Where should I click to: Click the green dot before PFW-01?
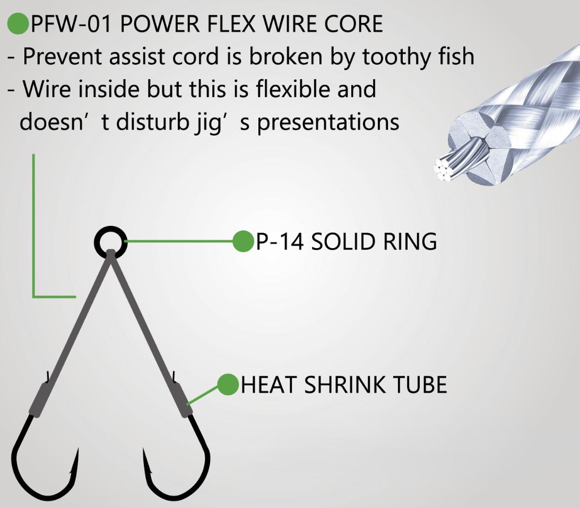pyautogui.click(x=18, y=24)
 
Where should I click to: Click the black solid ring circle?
pyautogui.click(x=110, y=242)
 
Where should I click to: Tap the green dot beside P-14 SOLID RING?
pyautogui.click(x=243, y=242)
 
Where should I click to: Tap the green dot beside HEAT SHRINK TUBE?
pyautogui.click(x=228, y=384)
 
